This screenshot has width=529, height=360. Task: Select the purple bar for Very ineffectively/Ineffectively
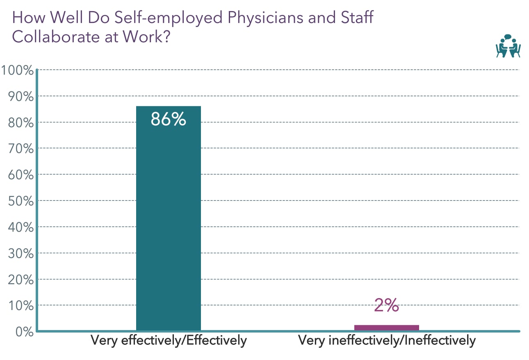pyautogui.click(x=386, y=327)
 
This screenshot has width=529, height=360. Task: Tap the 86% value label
pyautogui.click(x=168, y=119)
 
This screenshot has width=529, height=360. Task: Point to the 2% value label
pyautogui.click(x=386, y=305)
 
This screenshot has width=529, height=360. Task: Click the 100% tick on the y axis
pyautogui.click(x=17, y=71)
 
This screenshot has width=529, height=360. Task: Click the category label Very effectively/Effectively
pyautogui.click(x=169, y=341)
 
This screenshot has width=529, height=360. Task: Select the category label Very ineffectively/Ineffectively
pyautogui.click(x=387, y=341)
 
